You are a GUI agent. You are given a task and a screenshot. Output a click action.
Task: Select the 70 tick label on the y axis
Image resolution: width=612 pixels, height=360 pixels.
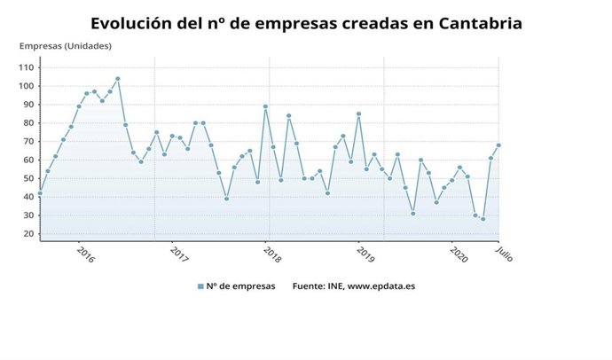27,142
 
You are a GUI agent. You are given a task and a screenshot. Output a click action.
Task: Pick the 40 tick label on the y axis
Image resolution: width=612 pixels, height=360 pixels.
27,197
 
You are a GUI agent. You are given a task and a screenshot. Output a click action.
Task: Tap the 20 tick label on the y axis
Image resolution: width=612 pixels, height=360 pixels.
27,234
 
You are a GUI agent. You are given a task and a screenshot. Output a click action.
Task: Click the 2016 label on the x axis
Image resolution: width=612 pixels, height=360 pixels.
85,254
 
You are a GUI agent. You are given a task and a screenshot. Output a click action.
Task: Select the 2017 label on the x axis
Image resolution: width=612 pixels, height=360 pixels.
179,254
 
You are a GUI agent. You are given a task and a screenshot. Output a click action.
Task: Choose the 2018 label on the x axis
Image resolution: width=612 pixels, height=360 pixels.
272,254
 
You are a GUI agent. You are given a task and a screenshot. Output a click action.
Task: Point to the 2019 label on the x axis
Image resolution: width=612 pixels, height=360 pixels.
365,254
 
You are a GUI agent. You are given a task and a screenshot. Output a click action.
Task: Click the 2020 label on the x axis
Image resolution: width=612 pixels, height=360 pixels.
459,254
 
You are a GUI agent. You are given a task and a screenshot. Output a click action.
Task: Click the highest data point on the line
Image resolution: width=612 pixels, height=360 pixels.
118,79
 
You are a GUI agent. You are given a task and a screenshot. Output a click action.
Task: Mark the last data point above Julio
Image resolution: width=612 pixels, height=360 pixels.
498,145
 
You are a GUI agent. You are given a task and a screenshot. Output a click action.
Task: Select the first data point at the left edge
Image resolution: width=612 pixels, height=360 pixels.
40,193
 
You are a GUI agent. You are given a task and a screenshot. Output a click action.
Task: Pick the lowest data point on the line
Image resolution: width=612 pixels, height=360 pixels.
483,219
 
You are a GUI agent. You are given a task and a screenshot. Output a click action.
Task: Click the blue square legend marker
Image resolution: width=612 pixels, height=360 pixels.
201,286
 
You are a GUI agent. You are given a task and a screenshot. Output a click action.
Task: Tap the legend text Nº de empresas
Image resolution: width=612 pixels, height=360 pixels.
240,286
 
